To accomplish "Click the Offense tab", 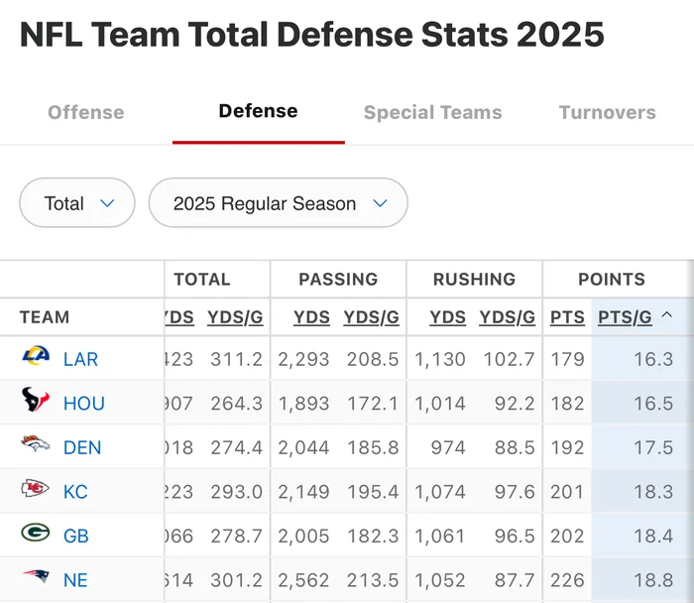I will tap(86, 112).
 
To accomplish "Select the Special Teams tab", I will tap(432, 112).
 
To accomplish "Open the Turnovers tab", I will tap(607, 112).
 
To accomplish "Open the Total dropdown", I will tap(77, 203).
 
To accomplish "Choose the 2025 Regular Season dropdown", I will tap(278, 203).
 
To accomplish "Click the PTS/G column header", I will tap(626, 317).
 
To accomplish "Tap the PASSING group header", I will tap(338, 280).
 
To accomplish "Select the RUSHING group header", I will tap(474, 280).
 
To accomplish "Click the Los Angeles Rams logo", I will tap(36, 357).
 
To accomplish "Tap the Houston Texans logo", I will tap(36, 402).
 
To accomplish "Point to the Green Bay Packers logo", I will tap(36, 535).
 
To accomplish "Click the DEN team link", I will tap(82, 447).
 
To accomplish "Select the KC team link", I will tap(75, 492).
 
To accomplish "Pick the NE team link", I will tap(75, 580).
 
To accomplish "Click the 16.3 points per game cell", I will tap(653, 359).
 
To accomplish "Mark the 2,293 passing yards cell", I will tap(303, 359).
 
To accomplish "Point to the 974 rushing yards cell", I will tap(447, 447).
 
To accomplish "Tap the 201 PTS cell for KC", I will tap(567, 492).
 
